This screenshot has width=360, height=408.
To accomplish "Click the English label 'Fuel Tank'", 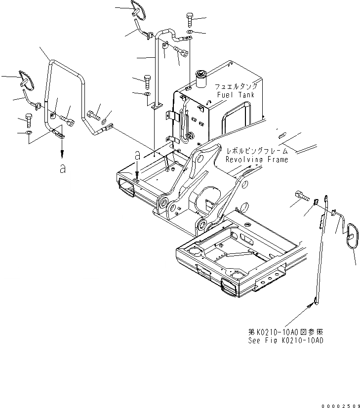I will (235, 95).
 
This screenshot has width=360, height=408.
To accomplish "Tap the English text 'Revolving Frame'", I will (256, 160).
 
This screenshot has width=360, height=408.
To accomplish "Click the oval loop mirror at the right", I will (352, 237).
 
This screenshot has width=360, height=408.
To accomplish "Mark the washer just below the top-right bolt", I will (190, 32).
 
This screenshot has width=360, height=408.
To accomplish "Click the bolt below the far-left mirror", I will (28, 121).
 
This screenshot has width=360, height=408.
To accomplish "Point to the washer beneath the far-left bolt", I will (28, 133).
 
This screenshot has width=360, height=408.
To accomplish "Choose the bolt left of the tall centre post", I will (147, 81).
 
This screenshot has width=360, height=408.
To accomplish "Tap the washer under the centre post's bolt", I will (147, 93).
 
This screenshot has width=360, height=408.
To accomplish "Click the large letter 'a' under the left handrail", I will (62, 169).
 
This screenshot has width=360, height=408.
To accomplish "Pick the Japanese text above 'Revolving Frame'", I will (256, 151).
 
